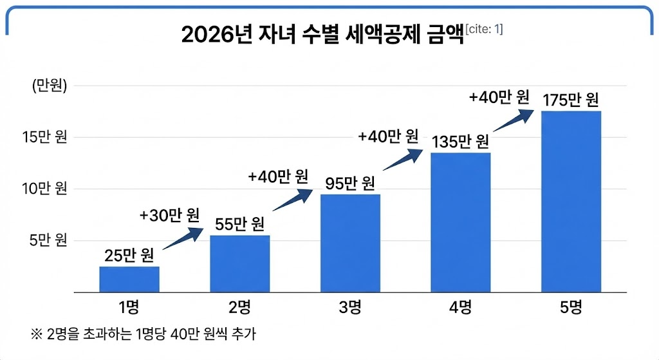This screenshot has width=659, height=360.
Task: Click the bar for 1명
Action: pyautogui.click(x=129, y=279)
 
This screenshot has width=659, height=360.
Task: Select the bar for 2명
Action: pyautogui.click(x=240, y=264)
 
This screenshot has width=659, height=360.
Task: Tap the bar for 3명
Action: pyautogui.click(x=350, y=243)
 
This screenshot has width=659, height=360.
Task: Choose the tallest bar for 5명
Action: pyautogui.click(x=571, y=202)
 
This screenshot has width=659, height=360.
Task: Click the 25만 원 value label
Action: pyautogui.click(x=129, y=256)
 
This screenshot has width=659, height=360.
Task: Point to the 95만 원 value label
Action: pyautogui.click(x=350, y=184)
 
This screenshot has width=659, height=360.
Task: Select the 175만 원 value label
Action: pyautogui.click(x=571, y=100)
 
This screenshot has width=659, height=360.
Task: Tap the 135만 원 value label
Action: pyautogui.click(x=461, y=141)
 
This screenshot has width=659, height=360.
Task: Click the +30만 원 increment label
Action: pyautogui.click(x=169, y=214)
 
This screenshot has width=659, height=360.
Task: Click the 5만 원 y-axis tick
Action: pyautogui.click(x=48, y=241)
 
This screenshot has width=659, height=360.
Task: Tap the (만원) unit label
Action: pyautogui.click(x=50, y=86)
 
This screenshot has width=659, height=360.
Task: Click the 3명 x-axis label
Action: pyautogui.click(x=350, y=307)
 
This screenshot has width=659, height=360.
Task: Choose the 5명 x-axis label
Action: pyautogui.click(x=571, y=307)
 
